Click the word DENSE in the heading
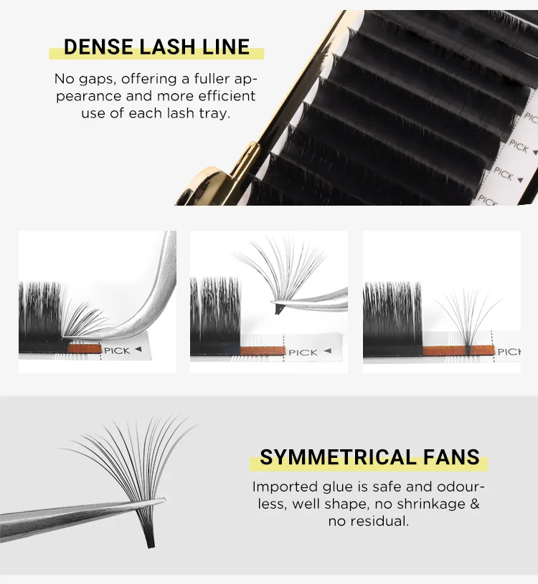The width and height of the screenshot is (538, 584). coord(96,47)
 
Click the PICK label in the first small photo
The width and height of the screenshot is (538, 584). coord(117,350)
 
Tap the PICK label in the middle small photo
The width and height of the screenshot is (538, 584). coord(303,352)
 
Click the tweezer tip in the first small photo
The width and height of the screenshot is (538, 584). coord(69,335)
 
